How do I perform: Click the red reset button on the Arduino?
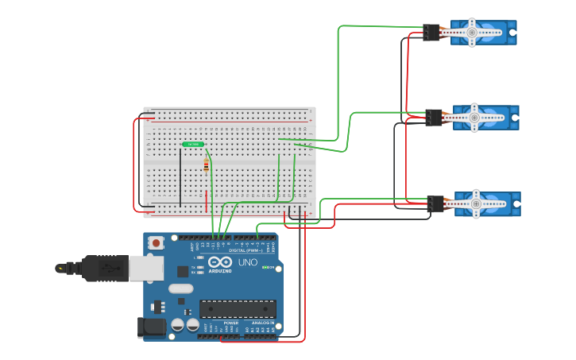(157, 242)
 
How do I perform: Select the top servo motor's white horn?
(472, 33)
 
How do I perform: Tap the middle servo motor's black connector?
(434, 118)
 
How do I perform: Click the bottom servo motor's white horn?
(477, 203)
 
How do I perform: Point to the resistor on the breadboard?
(207, 166)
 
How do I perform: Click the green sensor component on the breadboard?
(193, 144)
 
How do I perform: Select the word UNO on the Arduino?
(248, 261)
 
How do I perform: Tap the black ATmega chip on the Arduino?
(238, 308)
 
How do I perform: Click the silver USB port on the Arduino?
(145, 269)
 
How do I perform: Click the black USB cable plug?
(99, 269)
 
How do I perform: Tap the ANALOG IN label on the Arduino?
(263, 323)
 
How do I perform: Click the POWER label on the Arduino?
(231, 323)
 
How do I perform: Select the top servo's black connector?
(431, 33)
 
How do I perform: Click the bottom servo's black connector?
(435, 204)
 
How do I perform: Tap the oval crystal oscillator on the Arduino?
(180, 289)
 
